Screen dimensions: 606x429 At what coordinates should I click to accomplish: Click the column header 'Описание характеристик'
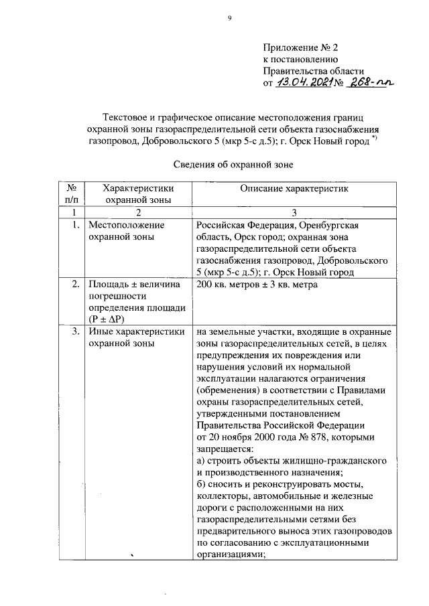[294, 189]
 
